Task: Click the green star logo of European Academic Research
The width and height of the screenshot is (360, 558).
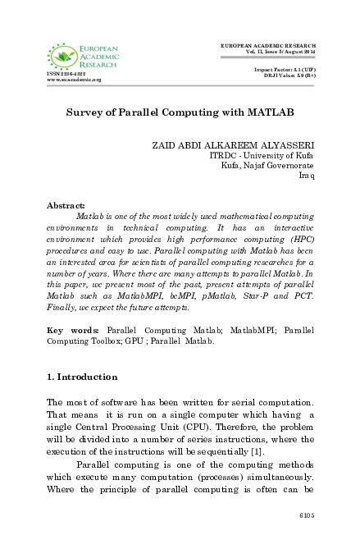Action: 60,56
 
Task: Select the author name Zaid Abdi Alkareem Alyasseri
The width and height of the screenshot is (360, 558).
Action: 244,144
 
